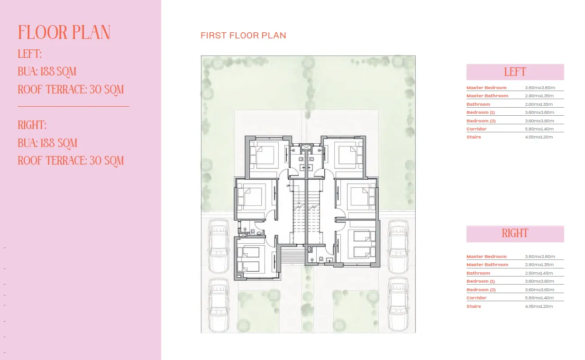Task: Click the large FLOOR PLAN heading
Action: [x=64, y=33]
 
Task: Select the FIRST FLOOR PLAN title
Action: [x=243, y=36]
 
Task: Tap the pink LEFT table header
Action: [x=515, y=72]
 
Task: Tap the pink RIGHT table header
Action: [x=515, y=233]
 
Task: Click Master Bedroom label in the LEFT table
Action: [x=486, y=88]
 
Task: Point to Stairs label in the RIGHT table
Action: [x=474, y=306]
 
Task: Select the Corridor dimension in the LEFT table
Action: [x=539, y=129]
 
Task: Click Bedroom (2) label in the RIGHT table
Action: [x=481, y=290]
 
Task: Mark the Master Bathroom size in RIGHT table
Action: [x=539, y=265]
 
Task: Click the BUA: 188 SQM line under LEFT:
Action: [x=47, y=72]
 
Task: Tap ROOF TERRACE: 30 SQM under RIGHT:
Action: [x=71, y=161]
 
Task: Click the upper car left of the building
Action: [x=219, y=246]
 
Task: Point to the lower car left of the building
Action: [x=219, y=304]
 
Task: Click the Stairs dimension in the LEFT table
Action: [x=539, y=137]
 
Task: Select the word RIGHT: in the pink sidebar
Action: [x=32, y=125]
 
